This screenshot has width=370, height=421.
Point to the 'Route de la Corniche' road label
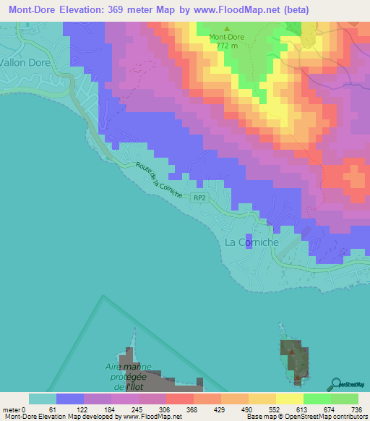pos(158,177)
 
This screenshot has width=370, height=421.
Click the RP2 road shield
pos(199,197)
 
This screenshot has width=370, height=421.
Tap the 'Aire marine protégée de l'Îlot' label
pos(124,377)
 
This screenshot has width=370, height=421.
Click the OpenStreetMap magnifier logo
pos(335,383)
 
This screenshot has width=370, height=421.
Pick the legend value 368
pos(172,409)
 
